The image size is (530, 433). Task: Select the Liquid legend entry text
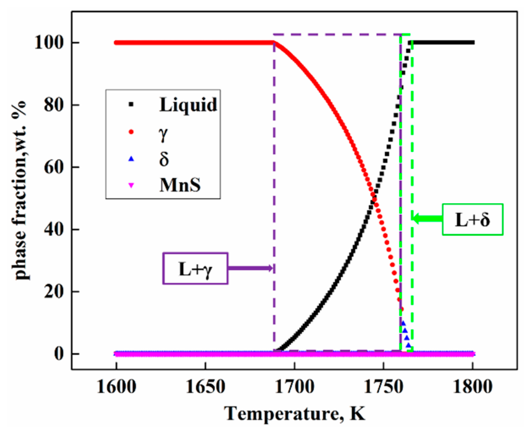click(x=188, y=105)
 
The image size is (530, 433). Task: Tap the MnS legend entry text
click(x=180, y=185)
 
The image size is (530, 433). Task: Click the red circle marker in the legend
click(x=131, y=132)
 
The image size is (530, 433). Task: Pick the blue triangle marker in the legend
click(x=131, y=159)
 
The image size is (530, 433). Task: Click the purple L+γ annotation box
click(x=195, y=268)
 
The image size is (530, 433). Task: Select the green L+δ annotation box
click(x=472, y=219)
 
